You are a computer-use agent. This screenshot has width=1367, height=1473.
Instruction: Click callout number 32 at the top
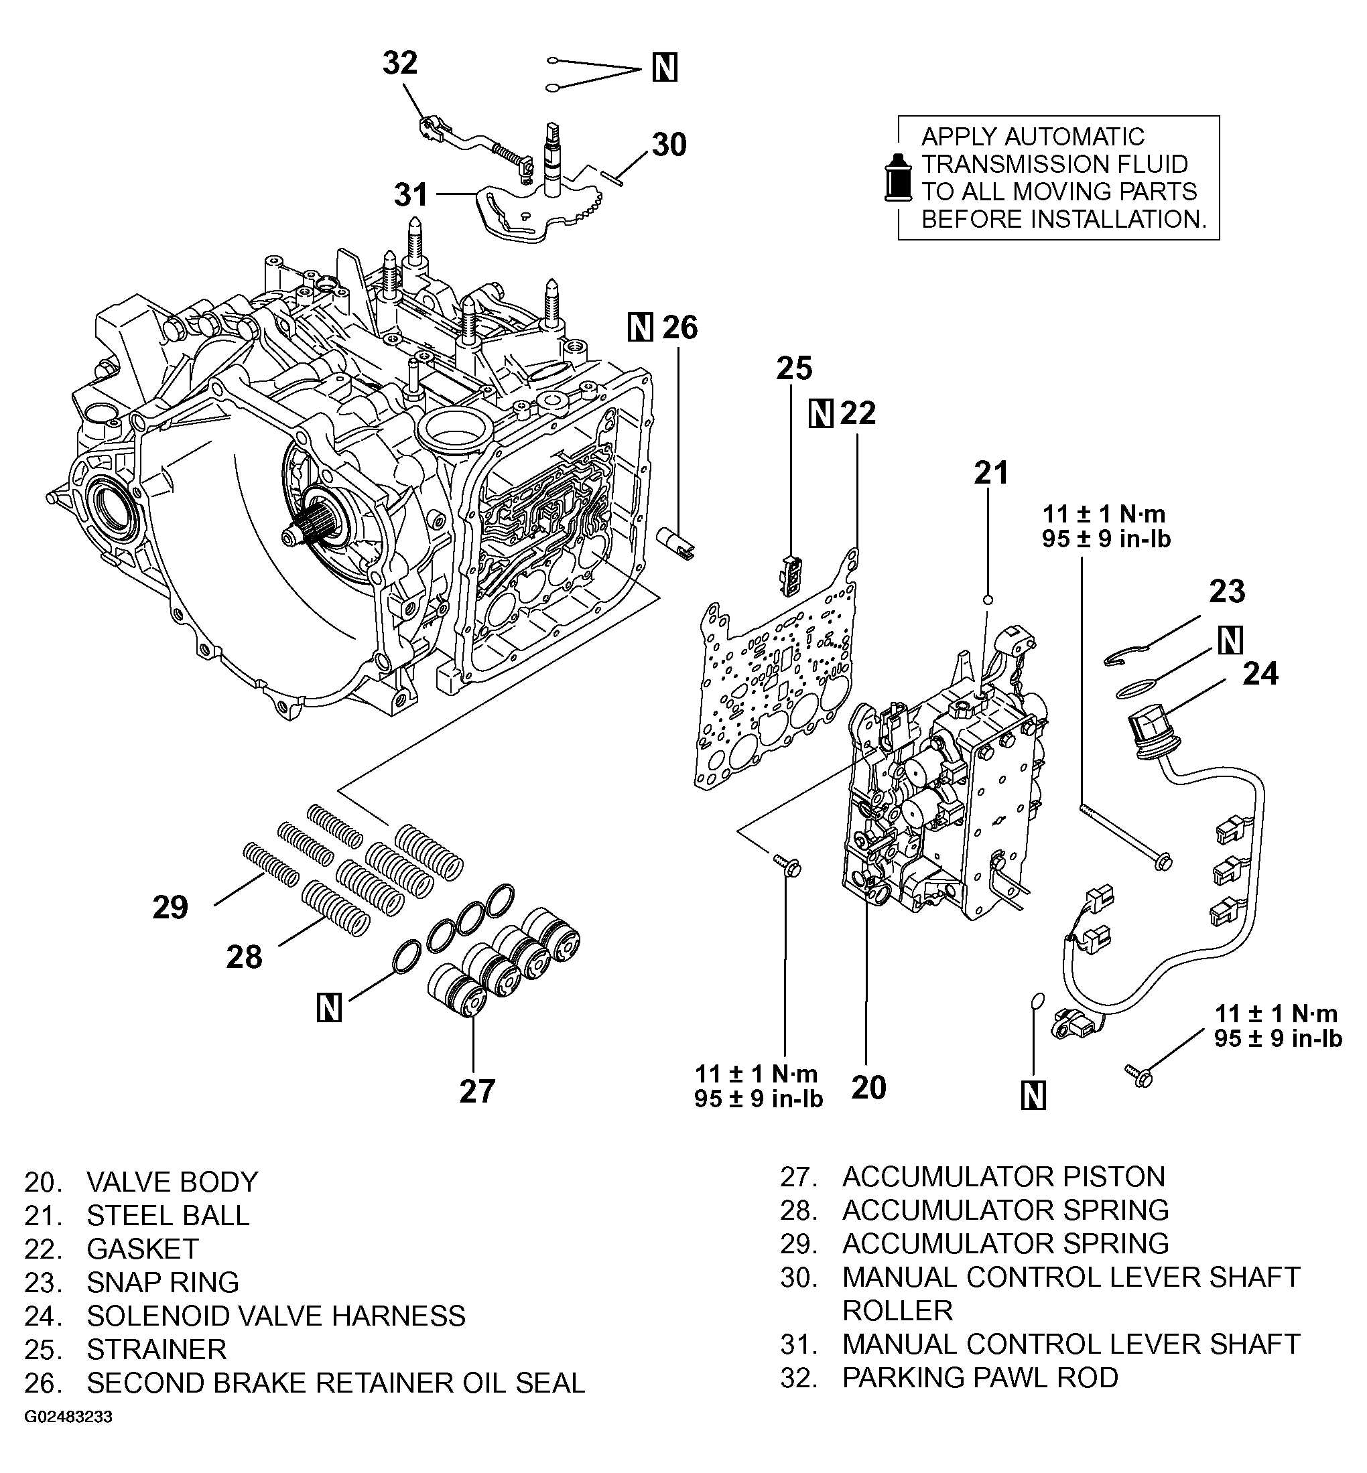click(x=399, y=64)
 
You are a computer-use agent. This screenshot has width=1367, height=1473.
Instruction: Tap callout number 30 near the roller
click(x=669, y=145)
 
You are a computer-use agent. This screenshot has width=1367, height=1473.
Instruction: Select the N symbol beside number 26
click(x=641, y=327)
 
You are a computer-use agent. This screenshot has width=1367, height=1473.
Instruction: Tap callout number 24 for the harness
click(x=1260, y=674)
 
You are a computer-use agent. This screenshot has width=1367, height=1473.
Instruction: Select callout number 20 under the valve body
click(x=868, y=1088)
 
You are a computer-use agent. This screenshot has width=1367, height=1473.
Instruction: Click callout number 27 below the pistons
click(x=477, y=1091)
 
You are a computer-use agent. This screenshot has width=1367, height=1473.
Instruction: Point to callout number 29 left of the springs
click(x=170, y=908)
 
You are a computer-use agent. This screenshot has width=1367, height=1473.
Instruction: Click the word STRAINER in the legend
click(x=156, y=1350)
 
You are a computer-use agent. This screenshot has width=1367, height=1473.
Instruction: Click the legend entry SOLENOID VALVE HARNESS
click(x=275, y=1316)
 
